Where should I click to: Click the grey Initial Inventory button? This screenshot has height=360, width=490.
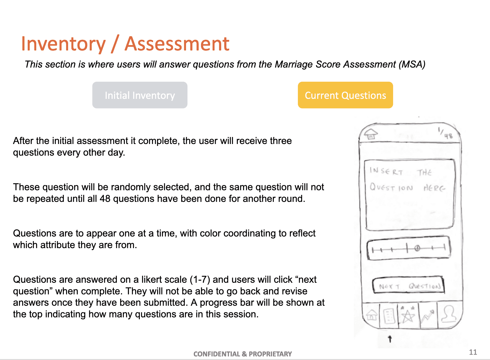coord(140,95)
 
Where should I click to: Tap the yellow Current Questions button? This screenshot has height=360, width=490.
coord(345,95)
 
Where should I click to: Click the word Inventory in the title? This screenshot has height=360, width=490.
coord(63,44)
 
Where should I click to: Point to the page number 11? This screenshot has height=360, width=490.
coord(473,352)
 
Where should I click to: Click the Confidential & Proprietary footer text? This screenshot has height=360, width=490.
coord(243,354)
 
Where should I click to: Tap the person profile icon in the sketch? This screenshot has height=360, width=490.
coord(449,314)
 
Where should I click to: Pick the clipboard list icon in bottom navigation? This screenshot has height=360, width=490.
coord(389,316)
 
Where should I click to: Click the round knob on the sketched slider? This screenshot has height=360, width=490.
coord(417,248)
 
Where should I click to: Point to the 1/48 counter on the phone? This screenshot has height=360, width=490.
coord(445,133)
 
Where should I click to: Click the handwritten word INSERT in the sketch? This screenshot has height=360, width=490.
coord(386,171)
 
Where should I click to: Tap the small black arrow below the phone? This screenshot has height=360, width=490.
coord(390,339)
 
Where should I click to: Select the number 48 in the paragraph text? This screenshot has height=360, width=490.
coord(105,199)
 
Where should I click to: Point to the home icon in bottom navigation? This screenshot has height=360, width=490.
coord(372,315)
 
